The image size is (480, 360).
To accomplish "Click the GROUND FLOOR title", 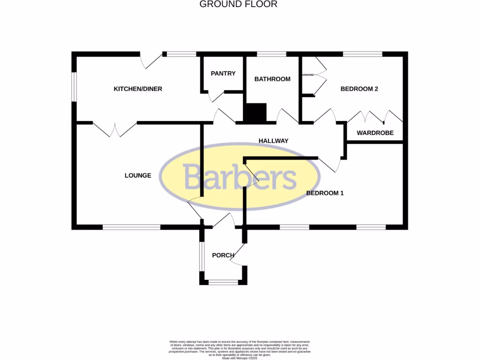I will (239, 4).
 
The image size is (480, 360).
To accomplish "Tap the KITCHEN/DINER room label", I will (138, 89).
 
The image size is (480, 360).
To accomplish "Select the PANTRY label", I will (223, 74).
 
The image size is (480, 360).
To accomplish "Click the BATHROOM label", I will (272, 79).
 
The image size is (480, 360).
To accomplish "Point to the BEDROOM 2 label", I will (359, 89).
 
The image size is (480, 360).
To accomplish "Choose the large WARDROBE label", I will (375, 133).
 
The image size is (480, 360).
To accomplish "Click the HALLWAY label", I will (273, 141).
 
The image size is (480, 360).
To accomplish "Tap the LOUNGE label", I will (138, 175).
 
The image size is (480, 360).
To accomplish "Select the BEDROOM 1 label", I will (325, 193).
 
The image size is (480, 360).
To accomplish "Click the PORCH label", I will (223, 255).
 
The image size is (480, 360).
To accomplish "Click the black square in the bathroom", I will (256, 112).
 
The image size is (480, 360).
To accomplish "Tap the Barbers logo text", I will (240, 177).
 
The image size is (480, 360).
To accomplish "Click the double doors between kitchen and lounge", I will (115, 128).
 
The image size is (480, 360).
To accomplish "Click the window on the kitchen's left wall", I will (74, 86).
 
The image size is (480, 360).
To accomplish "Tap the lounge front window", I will (131, 227).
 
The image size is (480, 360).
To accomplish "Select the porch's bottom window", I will (223, 282).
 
